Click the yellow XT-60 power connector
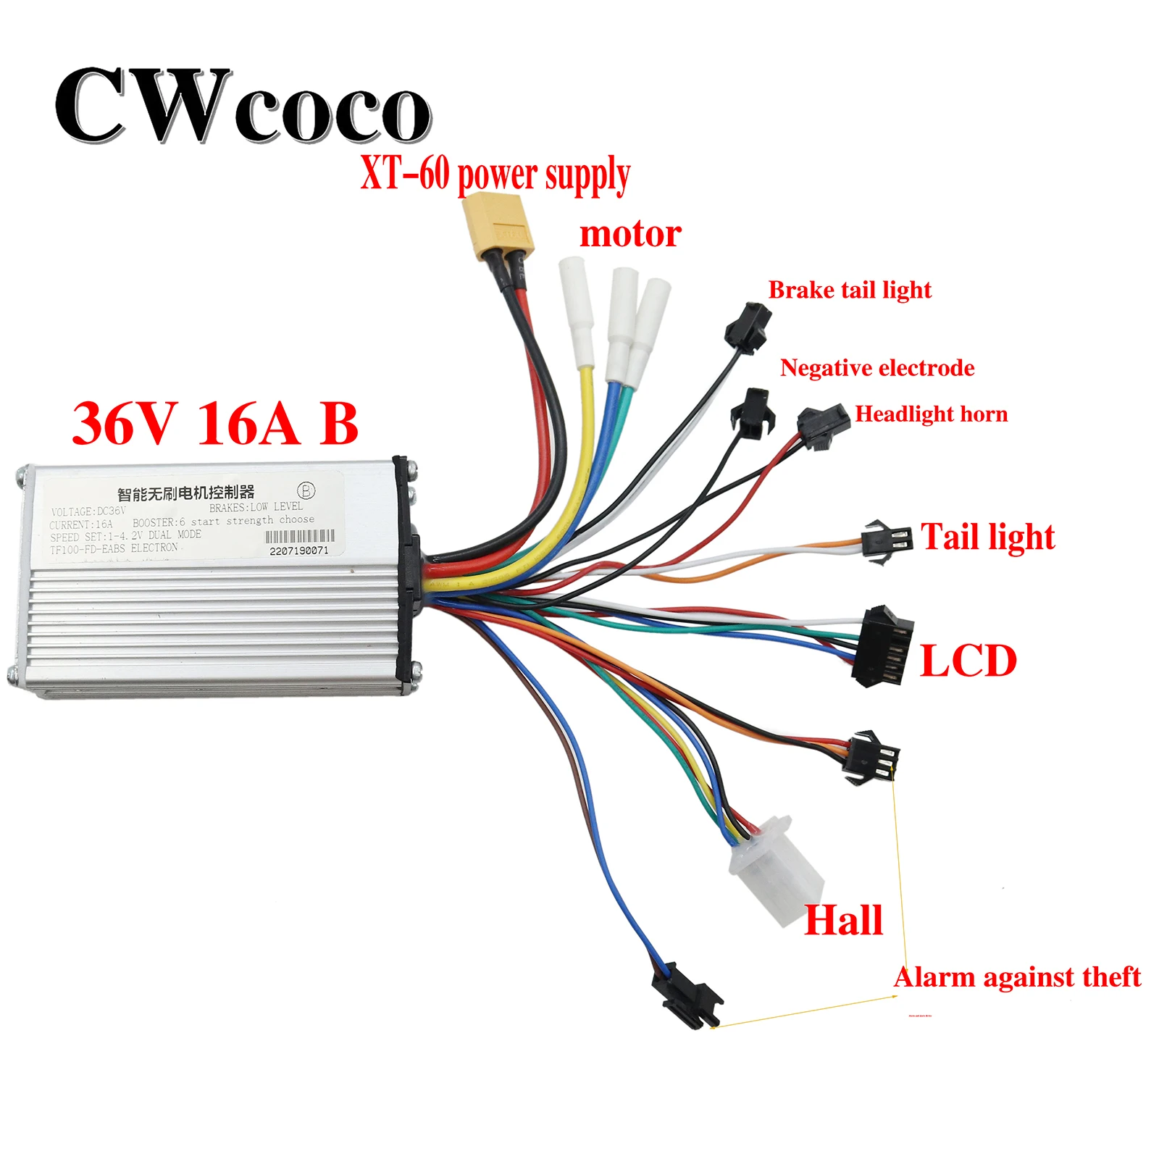(x=497, y=227)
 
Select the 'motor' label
(x=630, y=234)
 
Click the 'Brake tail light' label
(x=849, y=290)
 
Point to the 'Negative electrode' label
(x=876, y=368)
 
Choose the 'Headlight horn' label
(x=931, y=414)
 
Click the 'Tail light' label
(x=987, y=537)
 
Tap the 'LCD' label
(x=968, y=661)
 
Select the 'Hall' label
(x=843, y=921)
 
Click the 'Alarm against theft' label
(x=1017, y=977)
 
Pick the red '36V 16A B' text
(x=215, y=424)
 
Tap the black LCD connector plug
(x=882, y=647)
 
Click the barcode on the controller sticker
(x=300, y=536)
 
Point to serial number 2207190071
(x=298, y=551)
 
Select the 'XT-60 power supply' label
(x=495, y=175)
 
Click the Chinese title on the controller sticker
(x=185, y=493)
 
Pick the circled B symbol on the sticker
(x=306, y=490)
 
